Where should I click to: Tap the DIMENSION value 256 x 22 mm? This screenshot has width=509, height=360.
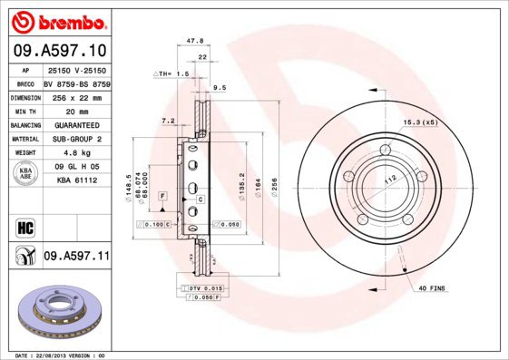[x=76, y=97]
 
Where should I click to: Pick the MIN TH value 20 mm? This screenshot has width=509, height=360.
[x=76, y=111]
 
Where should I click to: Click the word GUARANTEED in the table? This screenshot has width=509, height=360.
[x=76, y=125]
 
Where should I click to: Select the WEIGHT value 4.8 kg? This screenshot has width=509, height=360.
[x=76, y=153]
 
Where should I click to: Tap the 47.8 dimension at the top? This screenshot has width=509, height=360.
[x=193, y=41]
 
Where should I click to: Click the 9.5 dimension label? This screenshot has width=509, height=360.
[x=218, y=88]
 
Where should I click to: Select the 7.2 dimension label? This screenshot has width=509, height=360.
[x=168, y=120]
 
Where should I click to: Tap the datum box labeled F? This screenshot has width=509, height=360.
[x=163, y=196]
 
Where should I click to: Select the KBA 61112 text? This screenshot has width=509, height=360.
[x=76, y=180]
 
